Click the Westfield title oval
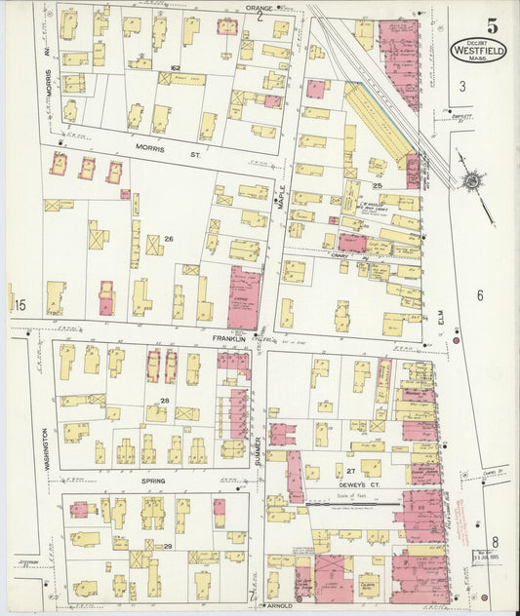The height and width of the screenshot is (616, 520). (477, 49)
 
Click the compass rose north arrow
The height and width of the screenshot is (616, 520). (472, 180)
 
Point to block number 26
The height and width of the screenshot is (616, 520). (168, 239)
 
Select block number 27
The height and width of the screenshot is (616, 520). (349, 470)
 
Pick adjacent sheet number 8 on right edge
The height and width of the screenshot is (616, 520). (495, 542)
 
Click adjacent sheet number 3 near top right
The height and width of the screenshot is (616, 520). (462, 86)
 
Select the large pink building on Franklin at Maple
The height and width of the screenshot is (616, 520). (244, 297)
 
